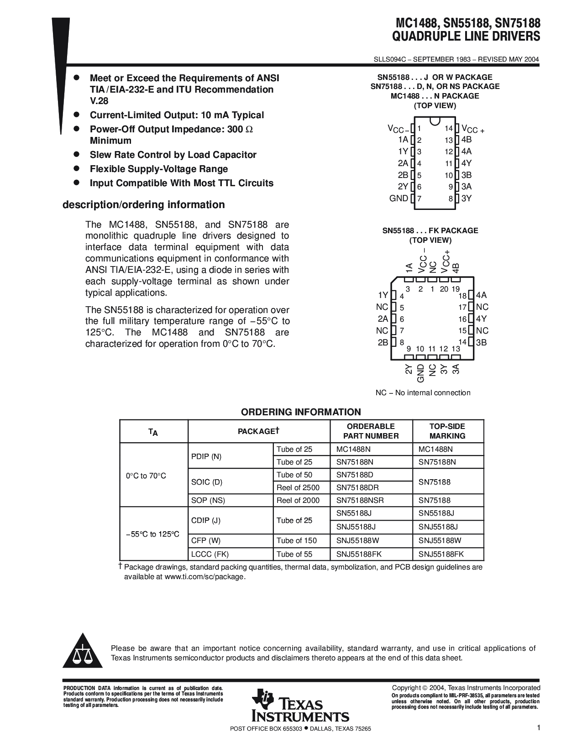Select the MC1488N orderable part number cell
coord(353,449)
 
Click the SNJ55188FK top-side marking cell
coord(441,554)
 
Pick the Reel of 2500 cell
coord(298,488)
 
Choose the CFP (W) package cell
coord(206,541)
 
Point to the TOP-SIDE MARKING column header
coord(447,431)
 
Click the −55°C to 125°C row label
coord(152,534)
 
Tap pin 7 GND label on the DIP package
coord(399,199)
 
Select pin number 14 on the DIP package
coord(448,129)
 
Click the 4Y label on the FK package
coord(481,319)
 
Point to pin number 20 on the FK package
coord(444,289)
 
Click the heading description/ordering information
coord(143,205)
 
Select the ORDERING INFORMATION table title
coord(301,412)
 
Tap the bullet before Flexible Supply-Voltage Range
coord(77,168)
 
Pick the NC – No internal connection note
coord(423,393)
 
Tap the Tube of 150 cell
coord(296,541)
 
